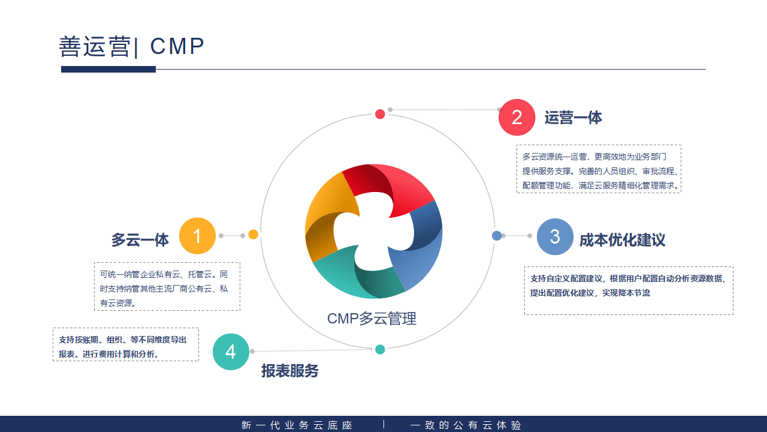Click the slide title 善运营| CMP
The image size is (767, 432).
coord(132,46)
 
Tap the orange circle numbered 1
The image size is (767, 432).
coord(197,236)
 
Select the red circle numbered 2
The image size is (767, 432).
coord(517,118)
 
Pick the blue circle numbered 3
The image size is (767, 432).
coord(555,237)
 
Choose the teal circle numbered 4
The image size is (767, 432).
coord(231,352)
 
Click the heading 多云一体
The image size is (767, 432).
coord(140,240)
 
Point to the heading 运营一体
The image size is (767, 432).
coord(573,118)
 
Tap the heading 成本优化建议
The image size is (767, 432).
coord(622,240)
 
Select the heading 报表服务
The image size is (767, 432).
coord(289,371)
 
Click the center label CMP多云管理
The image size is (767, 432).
coord(372,319)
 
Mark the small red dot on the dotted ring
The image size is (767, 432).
coord(380,114)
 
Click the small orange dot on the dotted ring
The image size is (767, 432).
coord(253,235)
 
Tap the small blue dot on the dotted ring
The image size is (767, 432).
coord(497,236)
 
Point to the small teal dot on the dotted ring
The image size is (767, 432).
coord(380,349)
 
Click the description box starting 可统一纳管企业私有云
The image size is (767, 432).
coord(167,286)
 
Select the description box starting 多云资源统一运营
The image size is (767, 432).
coord(599,169)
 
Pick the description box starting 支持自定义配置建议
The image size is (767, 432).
coord(629,290)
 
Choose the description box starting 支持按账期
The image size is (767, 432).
coord(126,344)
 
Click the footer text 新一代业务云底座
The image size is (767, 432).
coord(297,425)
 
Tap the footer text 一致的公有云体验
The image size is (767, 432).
coord(466,425)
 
